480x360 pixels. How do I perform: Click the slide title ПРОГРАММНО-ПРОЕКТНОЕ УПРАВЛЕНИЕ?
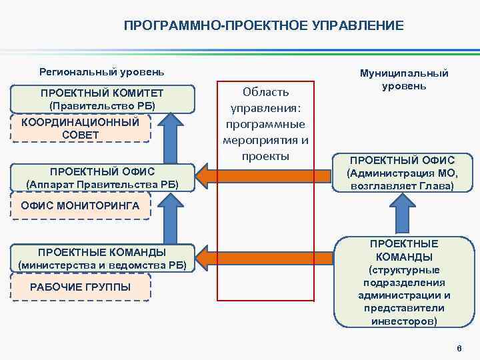coord(263,26)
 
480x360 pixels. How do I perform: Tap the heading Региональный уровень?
coord(101,71)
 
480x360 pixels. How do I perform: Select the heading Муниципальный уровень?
coord(404,80)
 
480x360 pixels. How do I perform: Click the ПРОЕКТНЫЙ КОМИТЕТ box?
coord(101,99)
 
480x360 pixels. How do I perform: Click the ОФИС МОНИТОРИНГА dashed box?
coord(80,206)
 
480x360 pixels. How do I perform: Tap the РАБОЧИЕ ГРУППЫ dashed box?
coord(80,287)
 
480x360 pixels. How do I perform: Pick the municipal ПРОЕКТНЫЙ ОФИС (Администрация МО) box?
coord(402,173)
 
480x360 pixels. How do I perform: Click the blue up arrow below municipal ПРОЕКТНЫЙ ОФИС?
coord(403,215)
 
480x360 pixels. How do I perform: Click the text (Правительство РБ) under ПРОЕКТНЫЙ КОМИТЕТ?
coord(101,106)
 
